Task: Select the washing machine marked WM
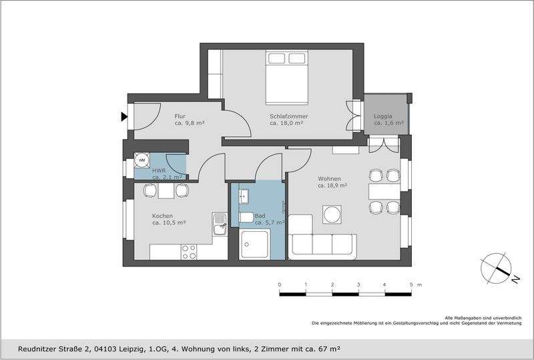[142, 160]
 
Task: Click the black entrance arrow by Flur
[124, 117]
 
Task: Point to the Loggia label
[384, 116]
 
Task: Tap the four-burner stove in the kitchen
[190, 252]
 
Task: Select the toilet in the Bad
[246, 218]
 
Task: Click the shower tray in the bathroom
[254, 244]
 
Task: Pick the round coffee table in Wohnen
[332, 214]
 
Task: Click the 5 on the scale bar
[411, 285]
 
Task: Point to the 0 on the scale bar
[280, 285]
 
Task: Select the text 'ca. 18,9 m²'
[332, 186]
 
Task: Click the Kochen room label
[162, 216]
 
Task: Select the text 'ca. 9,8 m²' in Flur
[190, 124]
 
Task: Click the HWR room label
[159, 171]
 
